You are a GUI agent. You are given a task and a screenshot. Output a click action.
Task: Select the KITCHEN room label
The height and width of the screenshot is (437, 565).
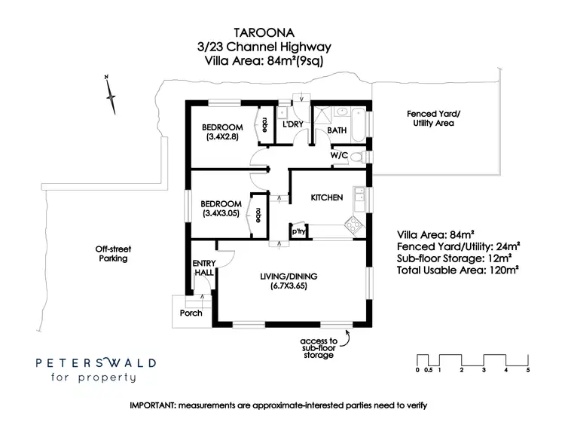click(x=327, y=197)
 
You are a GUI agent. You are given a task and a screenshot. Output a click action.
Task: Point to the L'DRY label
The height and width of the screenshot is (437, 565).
click(x=292, y=124)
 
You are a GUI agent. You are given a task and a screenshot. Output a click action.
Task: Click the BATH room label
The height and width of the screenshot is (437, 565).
click(x=336, y=130)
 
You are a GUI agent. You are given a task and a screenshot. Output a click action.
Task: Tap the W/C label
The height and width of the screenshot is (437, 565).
click(x=338, y=156)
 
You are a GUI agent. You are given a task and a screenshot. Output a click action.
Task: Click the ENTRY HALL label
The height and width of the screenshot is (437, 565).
click(x=204, y=267)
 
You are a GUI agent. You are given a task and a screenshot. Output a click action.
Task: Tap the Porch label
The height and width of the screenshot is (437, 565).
click(x=191, y=313)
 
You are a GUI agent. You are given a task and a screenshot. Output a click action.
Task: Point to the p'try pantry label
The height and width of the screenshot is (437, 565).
click(x=298, y=231)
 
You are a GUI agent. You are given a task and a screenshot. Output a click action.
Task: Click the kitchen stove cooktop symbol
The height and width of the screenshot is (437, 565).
click(x=351, y=224)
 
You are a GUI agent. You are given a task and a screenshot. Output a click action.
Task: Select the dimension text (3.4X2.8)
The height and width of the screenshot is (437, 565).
click(x=221, y=138)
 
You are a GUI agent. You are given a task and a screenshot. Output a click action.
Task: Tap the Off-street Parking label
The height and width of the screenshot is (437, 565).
click(x=108, y=254)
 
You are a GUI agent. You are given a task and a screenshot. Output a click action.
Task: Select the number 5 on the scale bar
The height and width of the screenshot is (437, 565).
click(x=528, y=370)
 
